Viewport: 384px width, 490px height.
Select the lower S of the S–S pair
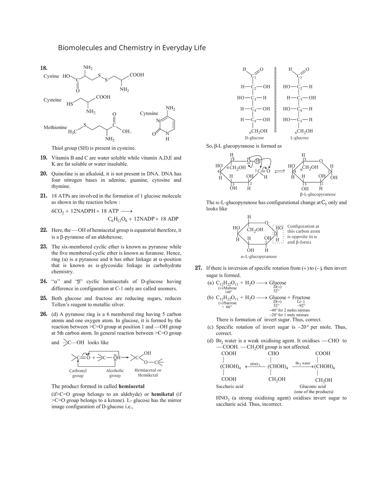click(106, 80)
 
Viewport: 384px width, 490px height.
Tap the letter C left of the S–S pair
click(78, 81)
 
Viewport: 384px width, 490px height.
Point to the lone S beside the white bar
click(85, 126)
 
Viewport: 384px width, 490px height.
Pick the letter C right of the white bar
click(114, 126)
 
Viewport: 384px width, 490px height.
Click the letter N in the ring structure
click(168, 133)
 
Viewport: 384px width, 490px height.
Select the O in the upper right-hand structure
click(321, 161)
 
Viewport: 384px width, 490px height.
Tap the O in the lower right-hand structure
click(266, 223)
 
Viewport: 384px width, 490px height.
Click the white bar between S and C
click(99, 126)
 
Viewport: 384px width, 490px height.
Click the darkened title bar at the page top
click(133, 48)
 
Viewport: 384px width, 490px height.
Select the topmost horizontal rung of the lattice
click(275, 87)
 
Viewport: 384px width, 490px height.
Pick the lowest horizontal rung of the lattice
click(275, 119)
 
